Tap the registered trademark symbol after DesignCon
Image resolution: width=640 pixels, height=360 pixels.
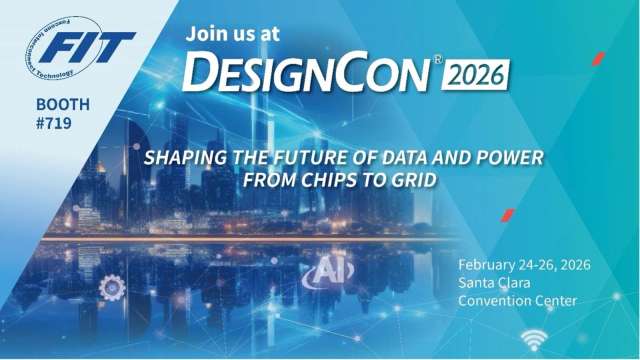437,59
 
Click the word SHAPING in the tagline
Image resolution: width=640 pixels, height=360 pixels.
183,157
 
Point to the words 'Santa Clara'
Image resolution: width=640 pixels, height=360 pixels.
492,283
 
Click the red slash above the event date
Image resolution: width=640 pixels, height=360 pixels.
507,215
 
